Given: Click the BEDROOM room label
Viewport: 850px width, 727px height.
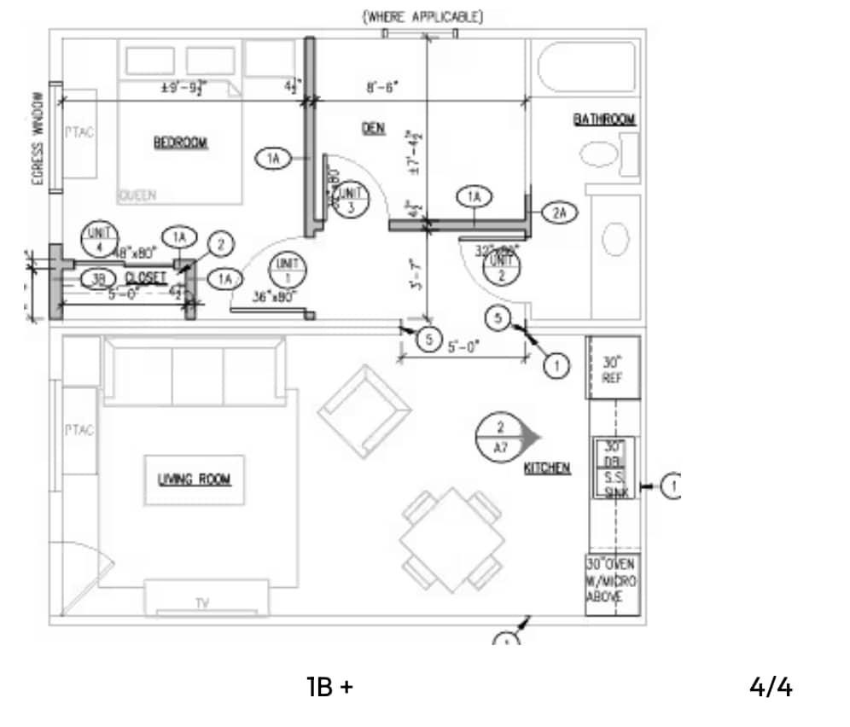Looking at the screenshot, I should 181,142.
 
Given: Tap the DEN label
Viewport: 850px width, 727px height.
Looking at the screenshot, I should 373,128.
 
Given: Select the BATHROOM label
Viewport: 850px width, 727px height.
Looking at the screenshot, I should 604,119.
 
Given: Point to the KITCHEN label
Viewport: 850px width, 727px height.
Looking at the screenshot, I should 547,468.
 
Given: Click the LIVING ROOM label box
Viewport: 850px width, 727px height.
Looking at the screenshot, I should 194,480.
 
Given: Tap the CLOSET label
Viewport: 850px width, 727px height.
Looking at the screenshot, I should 146,278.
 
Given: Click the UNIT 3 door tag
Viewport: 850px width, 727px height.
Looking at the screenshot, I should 351,201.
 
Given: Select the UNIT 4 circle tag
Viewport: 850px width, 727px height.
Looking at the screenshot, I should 100,238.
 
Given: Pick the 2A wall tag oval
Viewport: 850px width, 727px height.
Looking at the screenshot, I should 559,212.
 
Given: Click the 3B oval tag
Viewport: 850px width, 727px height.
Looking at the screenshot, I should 98,278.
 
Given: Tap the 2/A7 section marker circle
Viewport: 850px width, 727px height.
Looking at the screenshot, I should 502,437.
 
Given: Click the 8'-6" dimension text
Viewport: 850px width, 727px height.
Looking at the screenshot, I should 382,87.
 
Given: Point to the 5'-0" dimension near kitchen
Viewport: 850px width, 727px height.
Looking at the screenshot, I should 464,346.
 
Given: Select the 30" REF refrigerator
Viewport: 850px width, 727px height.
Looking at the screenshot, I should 612,368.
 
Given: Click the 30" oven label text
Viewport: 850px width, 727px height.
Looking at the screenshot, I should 611,580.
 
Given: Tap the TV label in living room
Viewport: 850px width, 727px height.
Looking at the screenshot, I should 202,603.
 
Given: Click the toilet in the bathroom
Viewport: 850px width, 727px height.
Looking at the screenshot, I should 599,155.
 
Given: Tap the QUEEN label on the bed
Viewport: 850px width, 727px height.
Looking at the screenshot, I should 137,195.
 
